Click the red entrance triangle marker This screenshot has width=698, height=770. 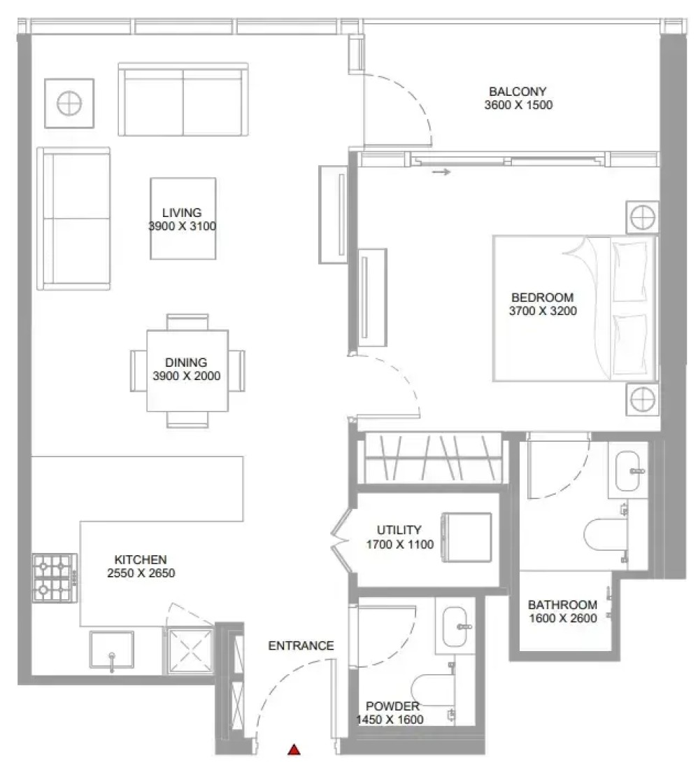[294, 750]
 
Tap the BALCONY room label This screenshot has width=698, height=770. [518, 91]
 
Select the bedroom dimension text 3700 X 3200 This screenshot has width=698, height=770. [543, 311]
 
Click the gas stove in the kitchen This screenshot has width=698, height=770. [55, 578]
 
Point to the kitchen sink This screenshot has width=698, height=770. [112, 650]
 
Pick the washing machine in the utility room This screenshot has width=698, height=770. [466, 537]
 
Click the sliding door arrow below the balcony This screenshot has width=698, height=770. [441, 172]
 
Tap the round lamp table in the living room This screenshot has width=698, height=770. [69, 104]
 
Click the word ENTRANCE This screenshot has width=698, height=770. [301, 646]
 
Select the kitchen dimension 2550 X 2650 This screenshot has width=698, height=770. [141, 573]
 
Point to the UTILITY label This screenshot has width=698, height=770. [399, 531]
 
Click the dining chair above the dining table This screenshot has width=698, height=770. [187, 322]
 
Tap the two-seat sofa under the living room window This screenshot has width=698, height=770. [183, 99]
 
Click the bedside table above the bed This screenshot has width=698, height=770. [643, 216]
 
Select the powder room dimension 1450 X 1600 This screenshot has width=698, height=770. [390, 720]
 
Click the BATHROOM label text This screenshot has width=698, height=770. [562, 605]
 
